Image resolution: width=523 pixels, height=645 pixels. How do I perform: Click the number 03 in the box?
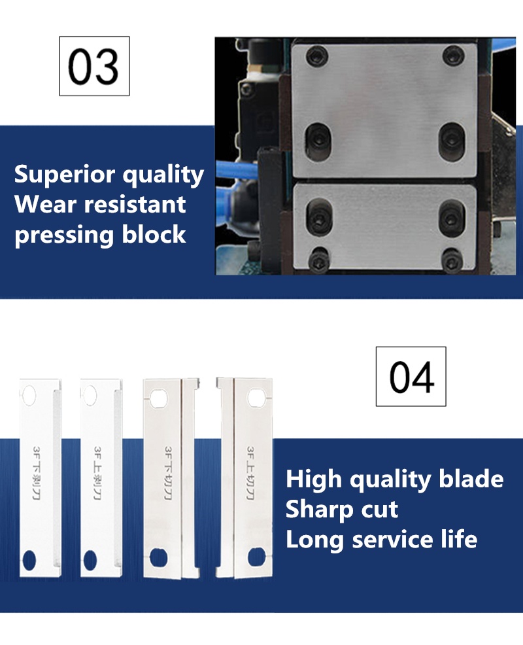point(93,67)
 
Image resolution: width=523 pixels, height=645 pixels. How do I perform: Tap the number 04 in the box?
point(411,377)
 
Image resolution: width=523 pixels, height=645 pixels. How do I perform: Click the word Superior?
point(65,175)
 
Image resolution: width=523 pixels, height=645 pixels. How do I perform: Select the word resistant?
point(135,205)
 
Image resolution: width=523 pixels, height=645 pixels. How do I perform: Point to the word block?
point(154,234)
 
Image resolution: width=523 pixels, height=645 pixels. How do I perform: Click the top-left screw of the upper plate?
point(317,56)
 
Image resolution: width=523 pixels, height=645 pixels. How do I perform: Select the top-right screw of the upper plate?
point(453,56)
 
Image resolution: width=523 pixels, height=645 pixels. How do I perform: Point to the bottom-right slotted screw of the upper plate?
point(452,140)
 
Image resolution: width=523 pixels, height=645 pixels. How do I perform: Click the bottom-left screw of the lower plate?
point(318,260)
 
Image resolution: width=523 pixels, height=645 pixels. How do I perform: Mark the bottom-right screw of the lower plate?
point(452,260)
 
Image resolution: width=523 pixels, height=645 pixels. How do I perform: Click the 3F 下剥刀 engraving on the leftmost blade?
point(36,473)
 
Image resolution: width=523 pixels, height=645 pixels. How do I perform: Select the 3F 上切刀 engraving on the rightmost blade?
point(250,473)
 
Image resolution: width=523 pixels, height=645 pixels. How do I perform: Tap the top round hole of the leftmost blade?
point(29,395)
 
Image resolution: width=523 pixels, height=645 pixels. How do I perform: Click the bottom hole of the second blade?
point(90,560)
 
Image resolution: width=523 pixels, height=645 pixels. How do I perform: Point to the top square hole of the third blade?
point(159,398)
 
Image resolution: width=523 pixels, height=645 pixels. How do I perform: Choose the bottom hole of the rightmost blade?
point(256,557)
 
